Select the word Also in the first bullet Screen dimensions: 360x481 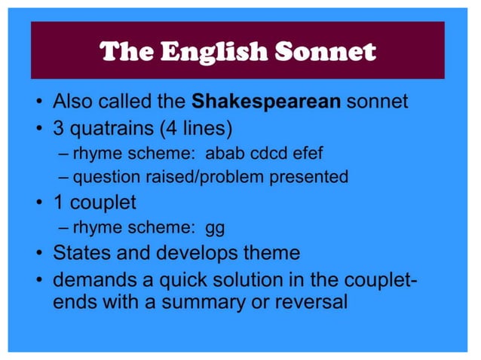tap(72, 101)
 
